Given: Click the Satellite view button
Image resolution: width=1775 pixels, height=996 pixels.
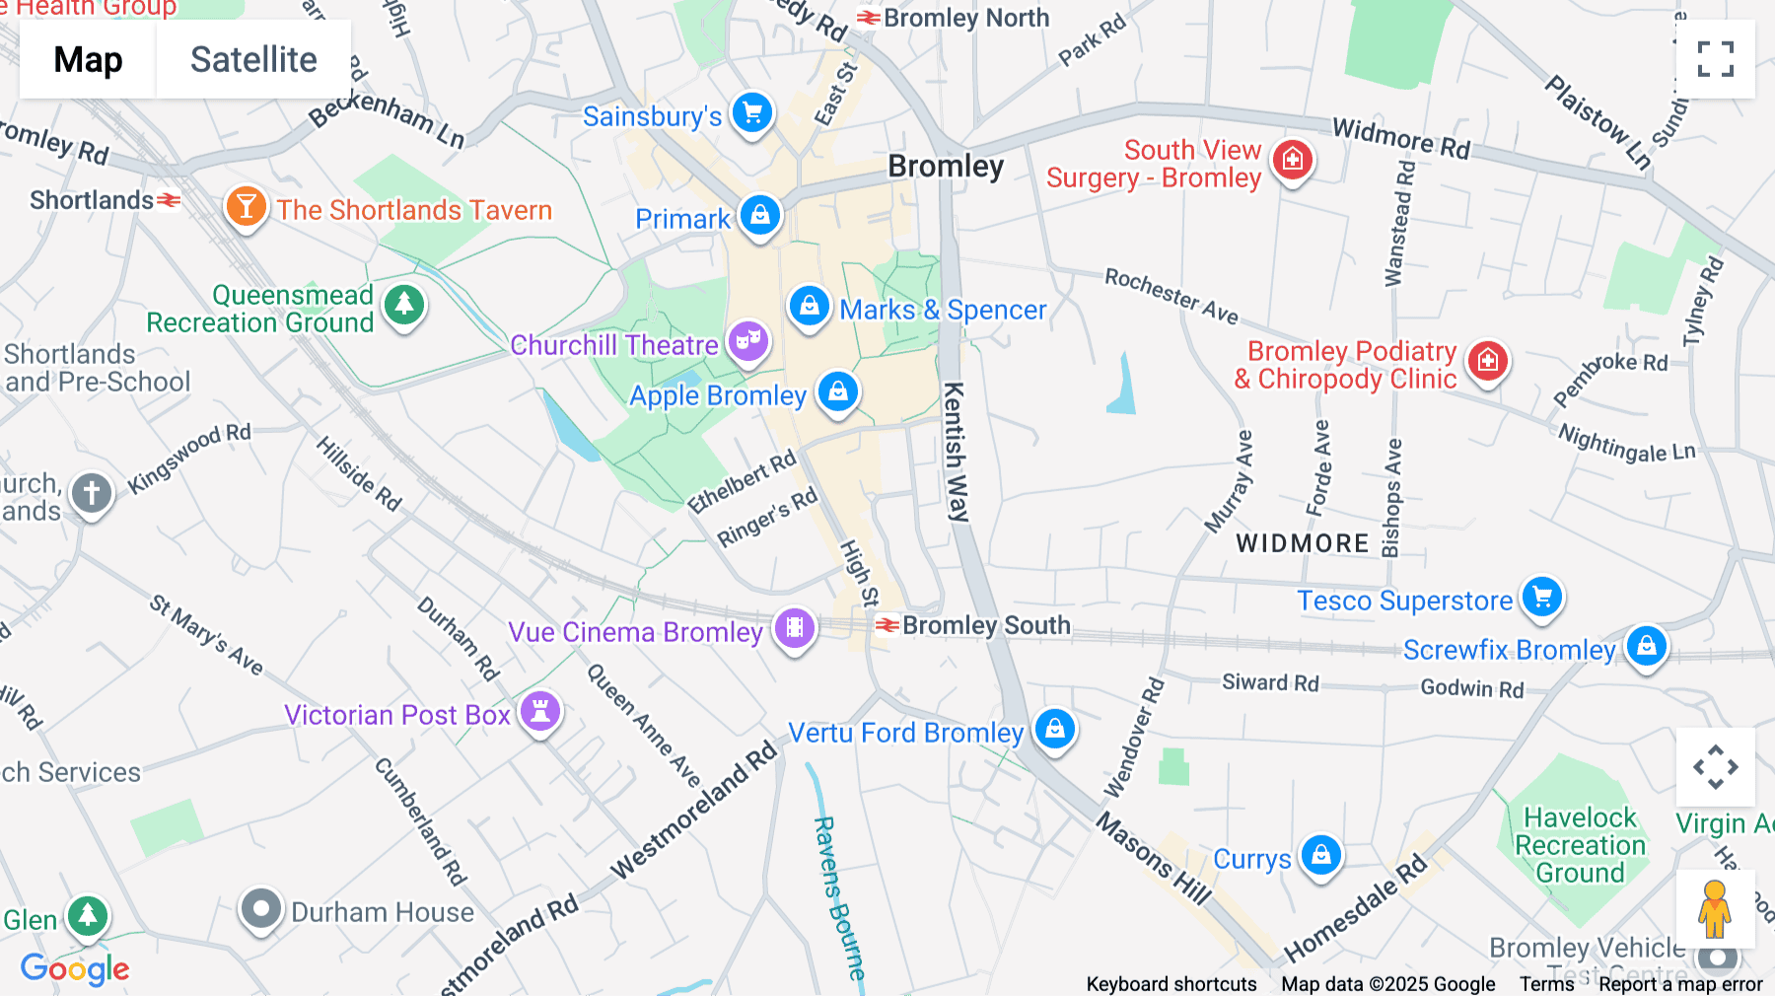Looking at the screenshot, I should [x=253, y=59].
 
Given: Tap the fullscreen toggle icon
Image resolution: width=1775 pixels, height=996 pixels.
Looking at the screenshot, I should [x=1715, y=59].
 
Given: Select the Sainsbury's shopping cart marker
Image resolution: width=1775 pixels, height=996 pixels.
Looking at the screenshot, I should [x=752, y=112].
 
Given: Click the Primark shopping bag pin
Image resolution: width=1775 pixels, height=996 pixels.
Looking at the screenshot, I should [x=760, y=214].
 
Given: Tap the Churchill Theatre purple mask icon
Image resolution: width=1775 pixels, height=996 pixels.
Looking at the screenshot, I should [x=748, y=341].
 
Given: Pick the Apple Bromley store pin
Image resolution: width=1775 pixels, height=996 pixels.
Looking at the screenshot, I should [x=838, y=391].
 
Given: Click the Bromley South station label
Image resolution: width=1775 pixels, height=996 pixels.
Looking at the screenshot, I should [x=985, y=625].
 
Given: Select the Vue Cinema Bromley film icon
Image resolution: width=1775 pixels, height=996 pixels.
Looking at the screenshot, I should [x=794, y=627].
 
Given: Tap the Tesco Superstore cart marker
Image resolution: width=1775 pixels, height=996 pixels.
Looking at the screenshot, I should [x=1542, y=597].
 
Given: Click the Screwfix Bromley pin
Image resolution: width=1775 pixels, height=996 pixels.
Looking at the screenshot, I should [x=1646, y=646].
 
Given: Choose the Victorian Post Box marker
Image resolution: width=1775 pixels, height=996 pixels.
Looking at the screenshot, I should [x=540, y=711].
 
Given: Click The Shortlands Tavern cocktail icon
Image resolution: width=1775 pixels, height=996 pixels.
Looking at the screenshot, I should [x=246, y=207].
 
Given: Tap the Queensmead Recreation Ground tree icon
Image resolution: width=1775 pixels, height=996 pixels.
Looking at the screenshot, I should [x=403, y=305].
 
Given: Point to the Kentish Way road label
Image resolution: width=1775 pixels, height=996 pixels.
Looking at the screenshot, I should [x=955, y=452].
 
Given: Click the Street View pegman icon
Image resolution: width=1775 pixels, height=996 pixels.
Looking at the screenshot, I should [x=1715, y=909].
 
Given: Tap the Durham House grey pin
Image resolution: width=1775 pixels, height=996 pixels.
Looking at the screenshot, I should [x=261, y=909].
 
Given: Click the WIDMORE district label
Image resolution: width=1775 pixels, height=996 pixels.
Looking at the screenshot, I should [x=1303, y=543].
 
